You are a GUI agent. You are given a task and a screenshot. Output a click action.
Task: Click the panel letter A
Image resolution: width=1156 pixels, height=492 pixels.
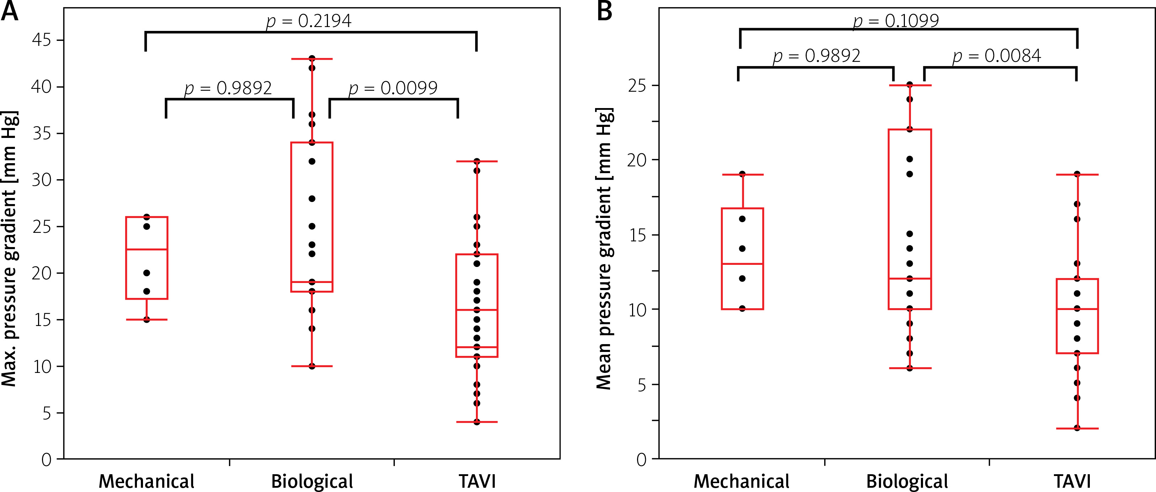(x=10, y=11)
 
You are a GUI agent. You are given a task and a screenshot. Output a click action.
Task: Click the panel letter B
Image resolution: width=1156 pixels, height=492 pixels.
(x=604, y=11)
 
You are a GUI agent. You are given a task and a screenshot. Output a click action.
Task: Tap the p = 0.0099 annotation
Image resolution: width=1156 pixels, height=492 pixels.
(x=393, y=88)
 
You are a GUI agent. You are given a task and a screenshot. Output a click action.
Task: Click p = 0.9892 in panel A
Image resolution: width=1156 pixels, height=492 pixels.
(x=228, y=88)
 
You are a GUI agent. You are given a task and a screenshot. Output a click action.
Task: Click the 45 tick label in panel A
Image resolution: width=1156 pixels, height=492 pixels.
(x=41, y=40)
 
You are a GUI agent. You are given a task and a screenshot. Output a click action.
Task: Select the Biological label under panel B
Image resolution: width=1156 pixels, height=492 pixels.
(x=907, y=481)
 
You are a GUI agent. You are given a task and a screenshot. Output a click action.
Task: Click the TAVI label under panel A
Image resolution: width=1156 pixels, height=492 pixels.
(x=477, y=481)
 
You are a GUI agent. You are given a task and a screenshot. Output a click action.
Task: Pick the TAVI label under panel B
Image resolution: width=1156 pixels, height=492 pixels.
(x=1072, y=481)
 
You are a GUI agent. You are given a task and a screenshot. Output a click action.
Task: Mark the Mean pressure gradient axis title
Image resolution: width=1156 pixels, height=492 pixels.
(x=604, y=249)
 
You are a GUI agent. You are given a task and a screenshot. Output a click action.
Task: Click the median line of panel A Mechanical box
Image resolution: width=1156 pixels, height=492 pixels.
(x=147, y=249)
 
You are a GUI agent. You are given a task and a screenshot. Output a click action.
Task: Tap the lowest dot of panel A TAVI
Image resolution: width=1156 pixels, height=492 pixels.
(x=477, y=422)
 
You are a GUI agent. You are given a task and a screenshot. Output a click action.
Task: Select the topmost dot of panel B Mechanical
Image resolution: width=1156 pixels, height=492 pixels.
(x=742, y=174)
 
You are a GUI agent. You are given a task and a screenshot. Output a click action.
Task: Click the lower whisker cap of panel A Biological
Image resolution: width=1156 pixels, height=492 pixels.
(x=312, y=367)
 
